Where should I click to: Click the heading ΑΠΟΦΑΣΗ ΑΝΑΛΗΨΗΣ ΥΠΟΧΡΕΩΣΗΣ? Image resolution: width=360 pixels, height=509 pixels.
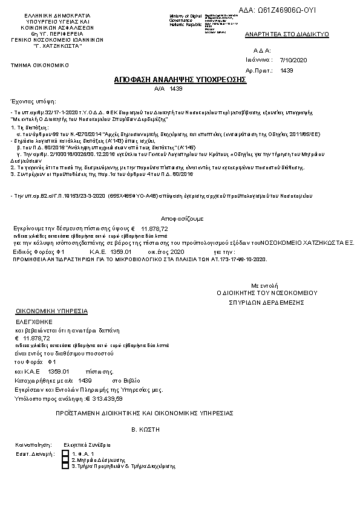[x=180, y=80]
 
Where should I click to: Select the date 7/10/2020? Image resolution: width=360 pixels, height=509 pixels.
[x=294, y=60]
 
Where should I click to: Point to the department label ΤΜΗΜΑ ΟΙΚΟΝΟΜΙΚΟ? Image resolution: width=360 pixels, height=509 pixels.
[x=40, y=65]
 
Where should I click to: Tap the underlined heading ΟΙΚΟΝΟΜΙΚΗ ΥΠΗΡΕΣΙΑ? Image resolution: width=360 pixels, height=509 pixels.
[x=51, y=311]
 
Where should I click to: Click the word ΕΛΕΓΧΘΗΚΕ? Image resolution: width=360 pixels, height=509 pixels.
[x=34, y=322]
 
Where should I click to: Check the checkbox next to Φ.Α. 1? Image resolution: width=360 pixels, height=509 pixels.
[x=65, y=453]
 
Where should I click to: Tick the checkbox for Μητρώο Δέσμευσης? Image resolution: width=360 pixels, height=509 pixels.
[x=65, y=460]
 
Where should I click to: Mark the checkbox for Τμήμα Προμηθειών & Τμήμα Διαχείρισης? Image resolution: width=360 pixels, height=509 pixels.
[x=65, y=467]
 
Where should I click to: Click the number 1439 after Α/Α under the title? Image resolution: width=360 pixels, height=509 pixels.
[x=176, y=88]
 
